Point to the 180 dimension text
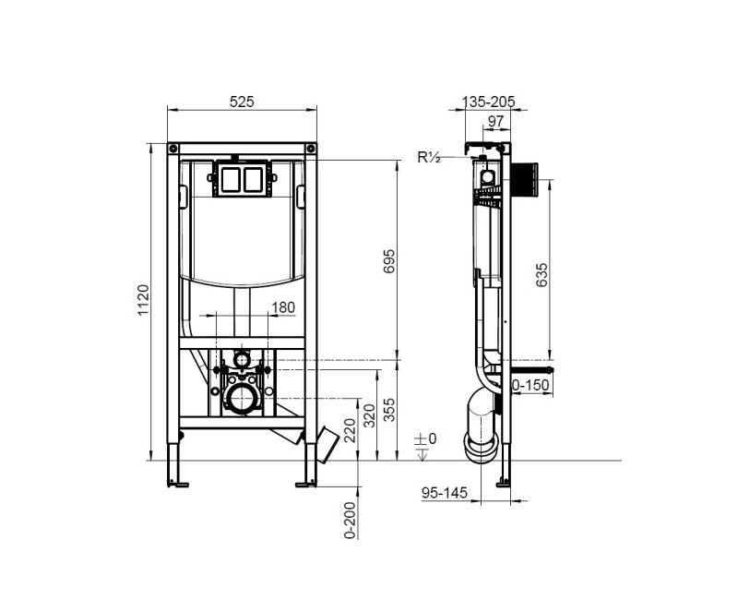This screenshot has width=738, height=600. [x=284, y=307]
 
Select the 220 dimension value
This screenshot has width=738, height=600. [x=349, y=429]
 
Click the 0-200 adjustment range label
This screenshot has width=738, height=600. [x=350, y=519]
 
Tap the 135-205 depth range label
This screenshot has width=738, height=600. [x=489, y=101]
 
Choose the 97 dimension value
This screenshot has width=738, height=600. [x=495, y=121]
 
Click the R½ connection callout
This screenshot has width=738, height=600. [x=429, y=158]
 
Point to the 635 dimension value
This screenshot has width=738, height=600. [x=542, y=276]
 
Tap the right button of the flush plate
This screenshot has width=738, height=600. [x=254, y=180]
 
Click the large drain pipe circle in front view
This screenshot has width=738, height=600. [x=243, y=400]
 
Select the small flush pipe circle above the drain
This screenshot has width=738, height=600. [x=243, y=357]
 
